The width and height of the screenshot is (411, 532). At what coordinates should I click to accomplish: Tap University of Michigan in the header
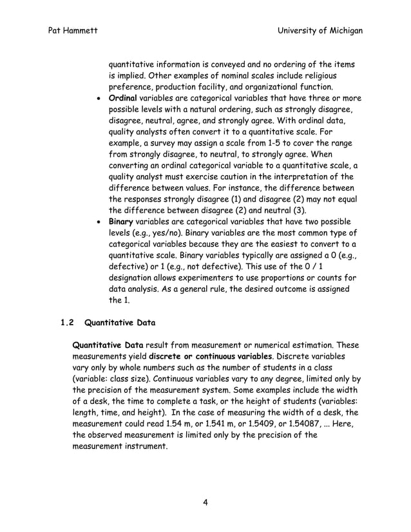point(318,32)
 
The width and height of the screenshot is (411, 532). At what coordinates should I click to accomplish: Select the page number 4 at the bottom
point(205,503)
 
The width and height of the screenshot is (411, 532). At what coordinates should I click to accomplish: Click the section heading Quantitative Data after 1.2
point(120,320)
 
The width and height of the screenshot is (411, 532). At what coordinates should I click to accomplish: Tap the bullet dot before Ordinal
point(96,99)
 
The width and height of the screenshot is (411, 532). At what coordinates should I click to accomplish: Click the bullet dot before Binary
point(96,222)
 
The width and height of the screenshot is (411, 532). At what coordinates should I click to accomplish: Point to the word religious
point(334,76)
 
